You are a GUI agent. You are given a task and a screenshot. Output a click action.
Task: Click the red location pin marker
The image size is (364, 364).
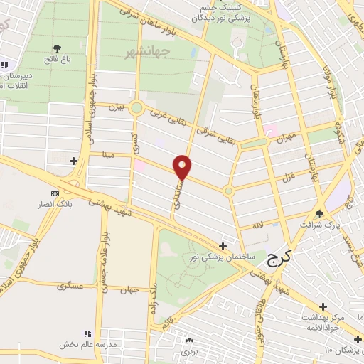pyautogui.click(x=183, y=166)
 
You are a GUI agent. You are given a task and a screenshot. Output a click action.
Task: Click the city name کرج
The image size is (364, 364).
pyautogui.click(x=280, y=261)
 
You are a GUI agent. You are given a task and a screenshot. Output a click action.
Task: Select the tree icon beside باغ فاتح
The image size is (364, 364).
pyautogui.click(x=56, y=48)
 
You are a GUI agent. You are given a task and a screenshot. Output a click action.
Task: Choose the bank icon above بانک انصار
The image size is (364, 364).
pyautogui.click(x=55, y=193)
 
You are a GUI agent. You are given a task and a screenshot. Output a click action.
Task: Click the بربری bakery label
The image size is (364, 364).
pyautogui.click(x=188, y=351)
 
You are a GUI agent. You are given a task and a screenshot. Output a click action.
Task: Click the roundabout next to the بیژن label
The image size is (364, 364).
pyautogui.click(x=136, y=108)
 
